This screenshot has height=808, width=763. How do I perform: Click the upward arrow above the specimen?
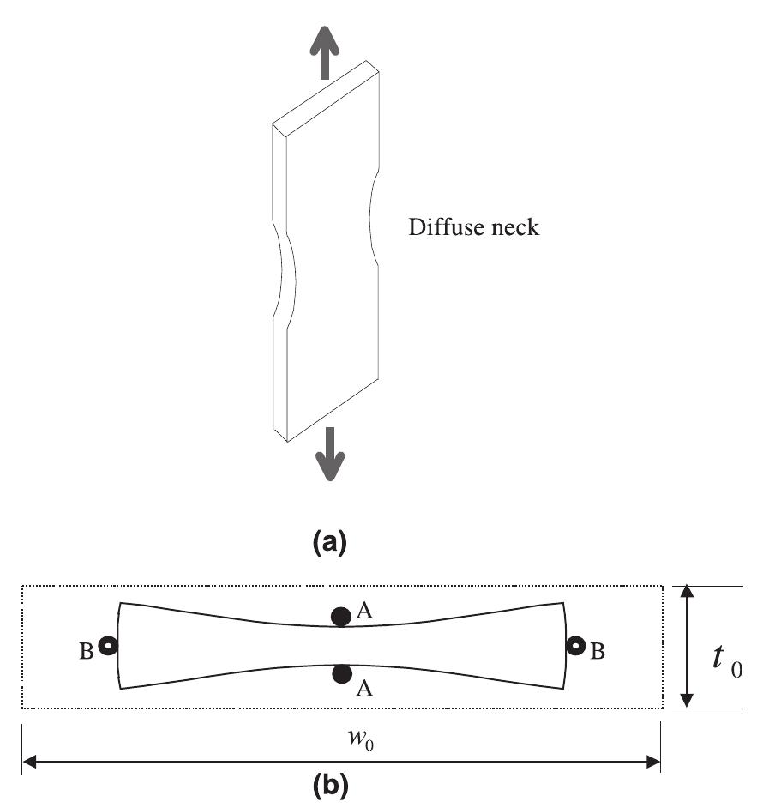point(323,51)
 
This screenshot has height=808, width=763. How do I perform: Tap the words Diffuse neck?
point(473,229)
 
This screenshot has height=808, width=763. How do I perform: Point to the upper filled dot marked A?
point(341,615)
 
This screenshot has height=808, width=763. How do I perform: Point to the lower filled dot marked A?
point(341,674)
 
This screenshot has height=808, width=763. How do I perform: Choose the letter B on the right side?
point(598,652)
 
